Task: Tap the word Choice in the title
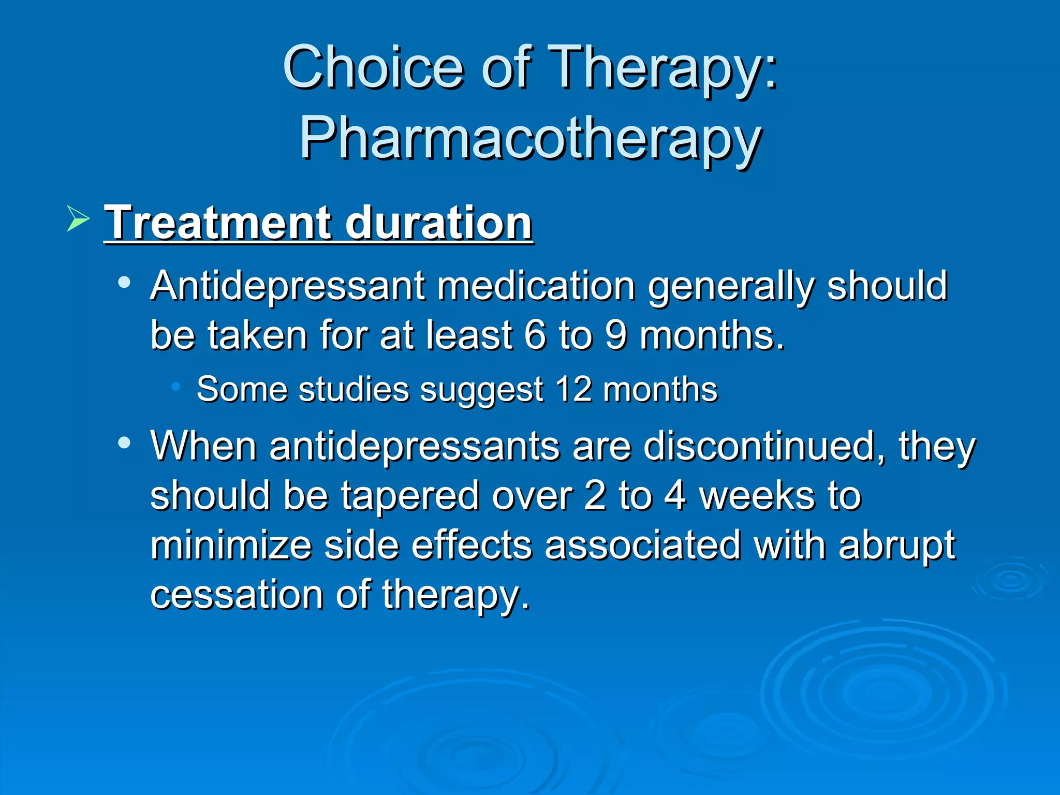click(373, 67)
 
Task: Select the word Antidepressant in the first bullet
click(287, 286)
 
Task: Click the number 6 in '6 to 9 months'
click(535, 335)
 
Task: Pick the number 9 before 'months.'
click(616, 335)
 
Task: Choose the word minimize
click(231, 545)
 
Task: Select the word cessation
click(236, 594)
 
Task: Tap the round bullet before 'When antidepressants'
click(124, 443)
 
